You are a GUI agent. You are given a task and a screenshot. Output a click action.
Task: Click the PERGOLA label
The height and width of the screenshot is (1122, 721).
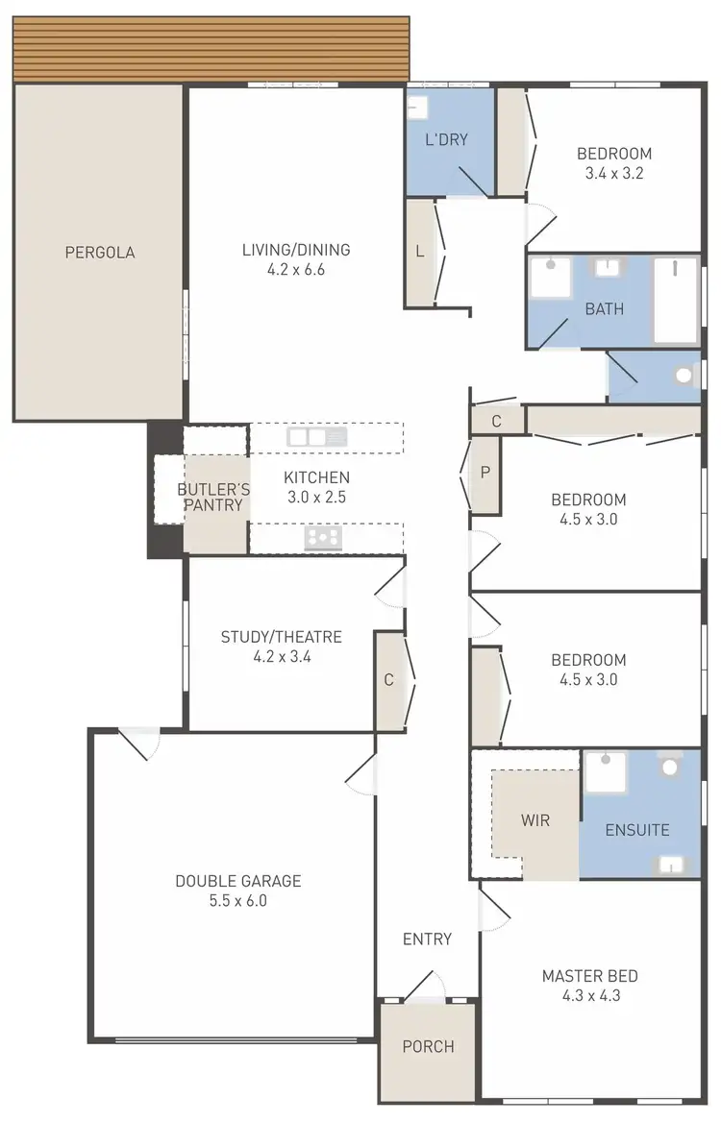[100, 253]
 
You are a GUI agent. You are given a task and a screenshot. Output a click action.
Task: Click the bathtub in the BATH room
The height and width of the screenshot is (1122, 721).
[676, 300]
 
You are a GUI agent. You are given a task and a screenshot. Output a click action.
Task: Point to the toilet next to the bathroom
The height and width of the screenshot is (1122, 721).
[685, 376]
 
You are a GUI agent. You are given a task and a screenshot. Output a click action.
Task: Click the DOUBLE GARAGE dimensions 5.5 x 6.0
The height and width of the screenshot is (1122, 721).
[237, 901]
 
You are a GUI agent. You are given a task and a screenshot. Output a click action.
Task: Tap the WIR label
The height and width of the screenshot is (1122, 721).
[535, 820]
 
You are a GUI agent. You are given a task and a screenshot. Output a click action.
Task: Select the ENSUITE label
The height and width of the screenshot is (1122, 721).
[637, 830]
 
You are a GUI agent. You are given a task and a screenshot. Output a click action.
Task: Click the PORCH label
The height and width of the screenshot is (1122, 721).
[428, 1046]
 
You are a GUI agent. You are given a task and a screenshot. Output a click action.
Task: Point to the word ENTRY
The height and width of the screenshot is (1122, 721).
[427, 939]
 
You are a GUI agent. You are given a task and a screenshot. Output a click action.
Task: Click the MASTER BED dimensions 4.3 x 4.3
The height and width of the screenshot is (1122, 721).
[589, 995]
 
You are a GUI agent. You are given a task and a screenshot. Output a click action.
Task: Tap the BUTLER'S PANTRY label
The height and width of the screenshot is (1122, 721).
[213, 497]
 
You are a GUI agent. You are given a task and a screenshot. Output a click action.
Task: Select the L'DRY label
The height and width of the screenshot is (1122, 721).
[446, 139]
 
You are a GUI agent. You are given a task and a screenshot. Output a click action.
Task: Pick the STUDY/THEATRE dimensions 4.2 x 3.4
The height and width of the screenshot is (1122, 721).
[281, 657]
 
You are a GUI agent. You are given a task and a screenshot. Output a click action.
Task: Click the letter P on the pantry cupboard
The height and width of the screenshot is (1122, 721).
[485, 472]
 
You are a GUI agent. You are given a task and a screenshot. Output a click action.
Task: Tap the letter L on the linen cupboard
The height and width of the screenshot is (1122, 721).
[420, 252]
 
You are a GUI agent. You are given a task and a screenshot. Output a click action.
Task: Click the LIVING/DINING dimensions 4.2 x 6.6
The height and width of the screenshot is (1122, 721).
[296, 270]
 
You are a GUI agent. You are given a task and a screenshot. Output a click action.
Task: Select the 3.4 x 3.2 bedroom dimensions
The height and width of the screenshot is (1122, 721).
[613, 174]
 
